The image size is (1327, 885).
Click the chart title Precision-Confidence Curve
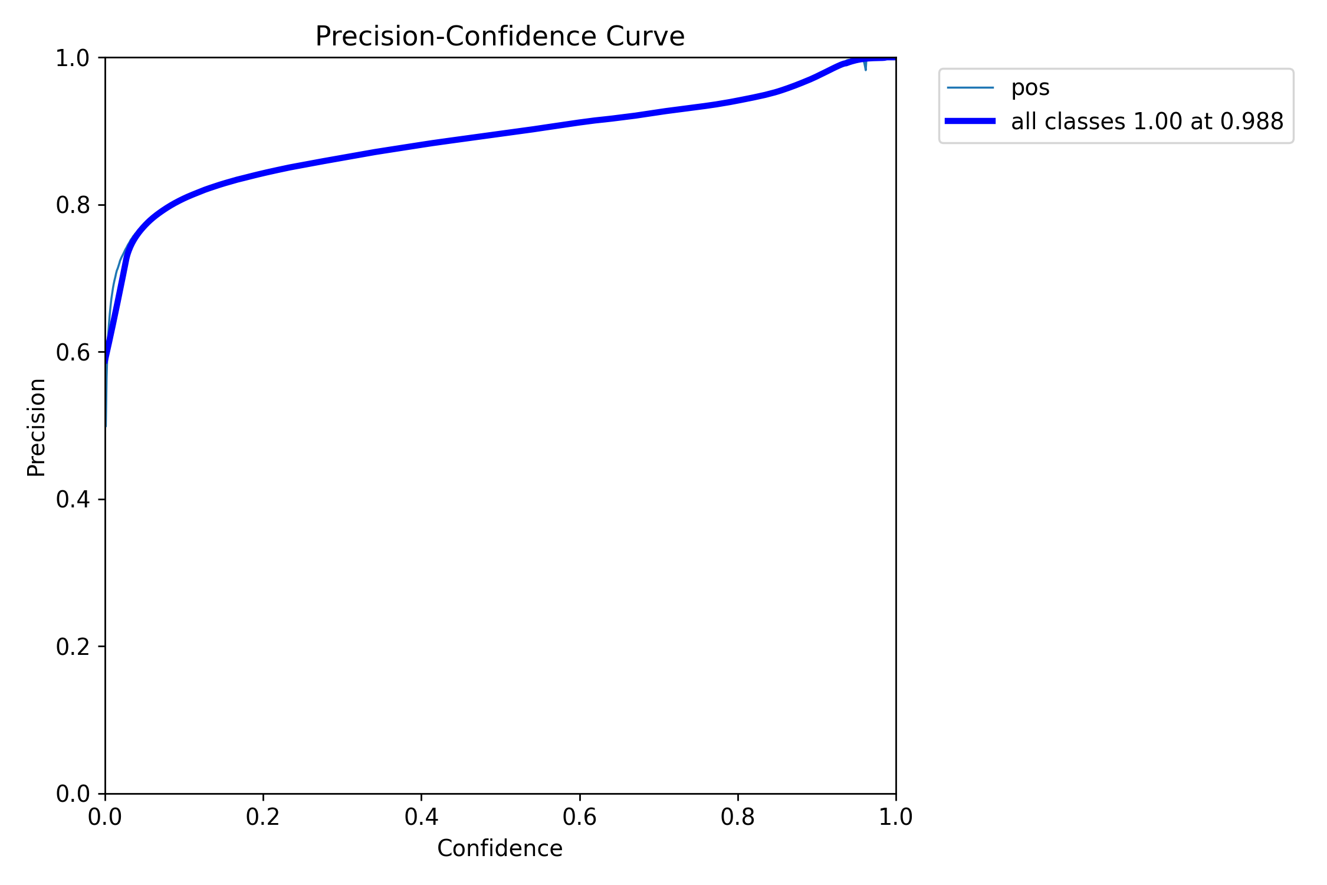click(x=500, y=37)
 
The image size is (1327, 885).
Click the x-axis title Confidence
click(x=500, y=848)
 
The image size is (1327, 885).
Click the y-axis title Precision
click(x=37, y=427)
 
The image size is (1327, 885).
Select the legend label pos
click(x=1030, y=88)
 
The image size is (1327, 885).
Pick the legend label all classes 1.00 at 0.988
click(x=1147, y=122)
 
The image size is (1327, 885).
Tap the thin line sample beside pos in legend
click(x=970, y=88)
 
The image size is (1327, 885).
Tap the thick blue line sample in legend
click(x=970, y=121)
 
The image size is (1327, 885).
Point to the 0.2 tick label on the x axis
click(x=263, y=817)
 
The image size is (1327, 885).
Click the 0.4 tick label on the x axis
click(x=421, y=817)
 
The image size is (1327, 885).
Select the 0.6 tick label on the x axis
click(x=580, y=817)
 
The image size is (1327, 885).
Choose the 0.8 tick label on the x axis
click(x=738, y=817)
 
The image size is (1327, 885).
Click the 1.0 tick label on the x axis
click(x=896, y=817)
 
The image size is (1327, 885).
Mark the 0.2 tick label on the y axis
click(x=73, y=647)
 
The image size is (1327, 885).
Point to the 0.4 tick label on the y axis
click(x=73, y=500)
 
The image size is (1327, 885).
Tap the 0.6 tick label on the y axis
click(x=73, y=353)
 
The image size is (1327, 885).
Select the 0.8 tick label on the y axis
click(x=73, y=205)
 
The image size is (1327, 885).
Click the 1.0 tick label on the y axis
click(x=73, y=58)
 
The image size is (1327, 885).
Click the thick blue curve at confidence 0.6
click(x=580, y=122)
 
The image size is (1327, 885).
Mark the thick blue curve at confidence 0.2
click(x=263, y=173)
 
